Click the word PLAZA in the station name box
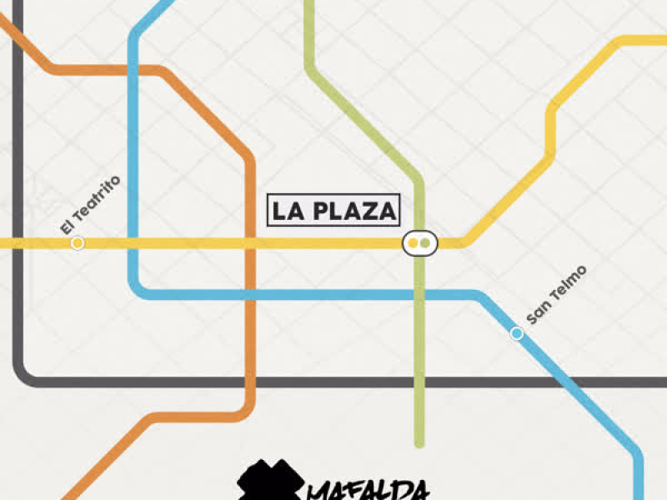click(x=352, y=211)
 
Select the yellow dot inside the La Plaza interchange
click(x=413, y=243)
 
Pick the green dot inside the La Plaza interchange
click(x=425, y=243)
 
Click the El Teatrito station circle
click(x=78, y=243)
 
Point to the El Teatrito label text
click(x=91, y=204)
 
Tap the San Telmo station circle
click(x=517, y=333)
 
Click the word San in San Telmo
click(x=538, y=312)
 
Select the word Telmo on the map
click(x=569, y=283)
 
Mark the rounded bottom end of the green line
click(x=419, y=442)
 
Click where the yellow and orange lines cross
click(x=250, y=243)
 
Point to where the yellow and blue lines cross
click(x=133, y=243)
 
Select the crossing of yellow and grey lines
click(x=18, y=243)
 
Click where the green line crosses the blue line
click(x=419, y=294)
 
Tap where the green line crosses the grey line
click(x=419, y=382)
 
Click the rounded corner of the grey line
click(x=25, y=375)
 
